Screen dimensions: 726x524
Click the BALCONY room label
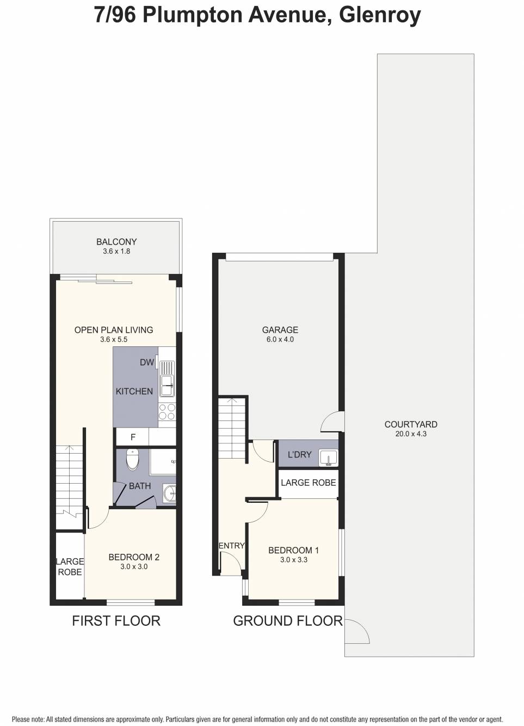[x=116, y=242]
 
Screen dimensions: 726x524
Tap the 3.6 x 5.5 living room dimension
[x=114, y=339]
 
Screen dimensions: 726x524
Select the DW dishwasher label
[x=147, y=362]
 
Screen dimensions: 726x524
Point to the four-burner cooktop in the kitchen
[x=167, y=412]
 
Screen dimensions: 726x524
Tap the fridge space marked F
[x=132, y=437]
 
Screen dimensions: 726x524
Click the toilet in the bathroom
[x=133, y=459]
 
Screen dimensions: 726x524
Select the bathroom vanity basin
[x=169, y=493]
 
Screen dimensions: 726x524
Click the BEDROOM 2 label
[x=134, y=557]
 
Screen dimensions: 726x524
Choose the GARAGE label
[x=280, y=330]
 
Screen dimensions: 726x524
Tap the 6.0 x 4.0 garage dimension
[x=280, y=339]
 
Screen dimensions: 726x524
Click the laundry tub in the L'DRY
[x=328, y=457]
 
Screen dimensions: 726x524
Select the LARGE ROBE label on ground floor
[x=308, y=483]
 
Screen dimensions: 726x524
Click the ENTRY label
[x=232, y=546]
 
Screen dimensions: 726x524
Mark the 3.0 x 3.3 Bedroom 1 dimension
[x=294, y=560]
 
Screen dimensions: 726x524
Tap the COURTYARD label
[x=411, y=424]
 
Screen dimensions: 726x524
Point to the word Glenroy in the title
[x=380, y=15]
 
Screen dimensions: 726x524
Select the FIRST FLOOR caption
[x=116, y=621]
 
